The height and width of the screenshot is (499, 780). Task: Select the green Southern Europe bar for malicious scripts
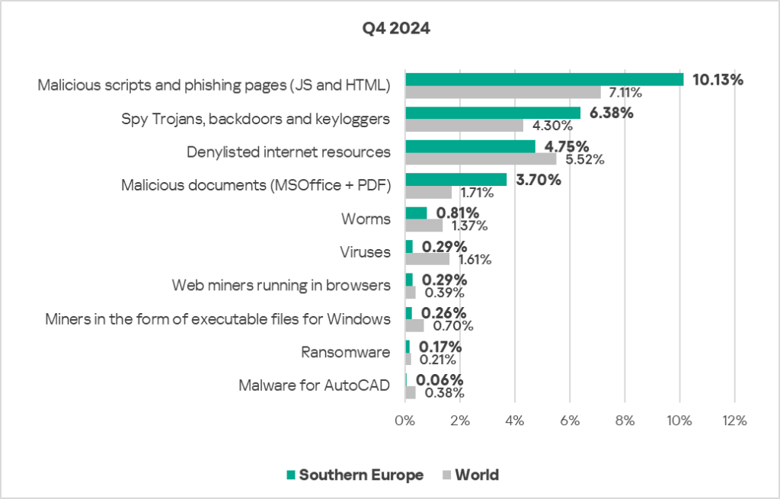click(x=544, y=79)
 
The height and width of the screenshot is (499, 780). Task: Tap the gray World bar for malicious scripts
click(x=503, y=92)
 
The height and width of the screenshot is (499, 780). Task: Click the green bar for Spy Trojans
click(x=493, y=113)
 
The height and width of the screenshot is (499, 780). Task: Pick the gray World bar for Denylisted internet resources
click(x=481, y=159)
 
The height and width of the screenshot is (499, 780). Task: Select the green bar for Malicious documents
click(x=456, y=180)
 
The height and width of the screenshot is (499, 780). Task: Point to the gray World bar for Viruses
click(x=427, y=259)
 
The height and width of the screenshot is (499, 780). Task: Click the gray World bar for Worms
click(x=424, y=226)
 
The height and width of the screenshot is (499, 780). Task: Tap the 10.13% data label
click(x=718, y=79)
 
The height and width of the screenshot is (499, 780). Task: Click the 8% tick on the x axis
click(x=624, y=421)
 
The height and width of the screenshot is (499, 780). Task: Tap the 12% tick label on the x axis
click(x=734, y=421)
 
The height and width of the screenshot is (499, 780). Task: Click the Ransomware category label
click(x=346, y=352)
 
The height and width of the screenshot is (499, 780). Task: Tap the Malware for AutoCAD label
click(x=314, y=385)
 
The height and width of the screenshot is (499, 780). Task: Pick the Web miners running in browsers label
click(x=281, y=285)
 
